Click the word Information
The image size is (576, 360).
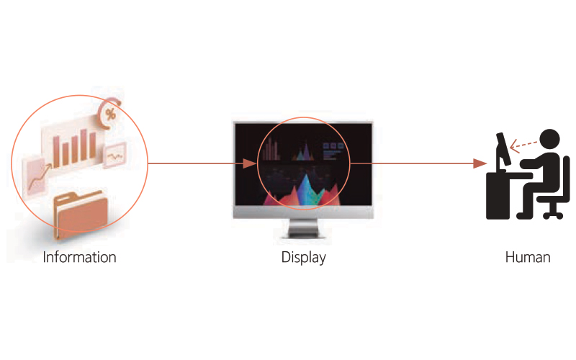coord(79,257)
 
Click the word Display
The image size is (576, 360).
coord(303,257)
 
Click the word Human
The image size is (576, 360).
coord(528,257)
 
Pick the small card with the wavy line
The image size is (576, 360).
coord(115,155)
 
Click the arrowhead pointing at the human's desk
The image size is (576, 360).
coord(476,163)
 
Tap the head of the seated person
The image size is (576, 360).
coord(549,138)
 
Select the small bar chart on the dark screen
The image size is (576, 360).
coord(271,150)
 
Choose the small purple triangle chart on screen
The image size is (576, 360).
coord(302,151)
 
